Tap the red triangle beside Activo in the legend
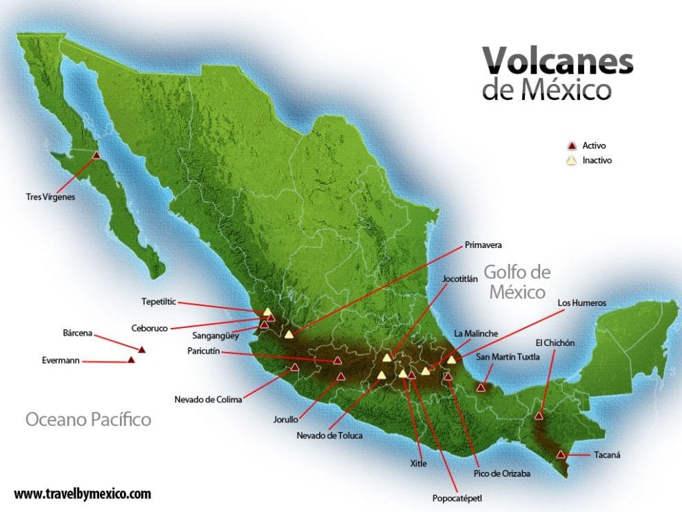point(570,146)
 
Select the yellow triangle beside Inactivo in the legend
point(570,161)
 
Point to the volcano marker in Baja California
point(96,155)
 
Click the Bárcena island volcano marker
point(142,350)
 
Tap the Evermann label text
point(61,360)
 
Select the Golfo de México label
point(517,280)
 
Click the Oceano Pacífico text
point(88,419)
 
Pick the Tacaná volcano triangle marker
point(561,454)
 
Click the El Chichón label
point(555,342)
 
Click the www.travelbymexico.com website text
point(82,493)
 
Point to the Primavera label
point(483,245)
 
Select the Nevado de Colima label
point(206,399)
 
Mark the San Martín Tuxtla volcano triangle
point(482,388)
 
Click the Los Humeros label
point(582,303)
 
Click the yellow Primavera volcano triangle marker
point(289,335)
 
